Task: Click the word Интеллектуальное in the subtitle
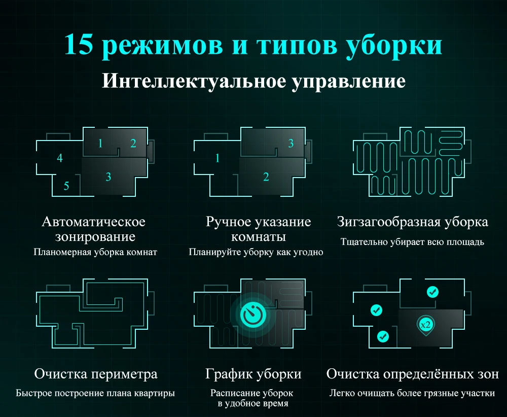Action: (x=192, y=81)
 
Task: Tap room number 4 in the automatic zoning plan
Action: (x=60, y=158)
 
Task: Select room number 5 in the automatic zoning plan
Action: (x=66, y=186)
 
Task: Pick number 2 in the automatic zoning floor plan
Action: (x=133, y=144)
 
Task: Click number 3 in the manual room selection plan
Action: (x=291, y=144)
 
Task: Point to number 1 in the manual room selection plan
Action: (x=218, y=158)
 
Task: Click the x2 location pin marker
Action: (x=425, y=323)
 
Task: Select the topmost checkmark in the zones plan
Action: (x=432, y=292)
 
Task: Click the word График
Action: (x=225, y=374)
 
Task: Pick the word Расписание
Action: (x=235, y=393)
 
